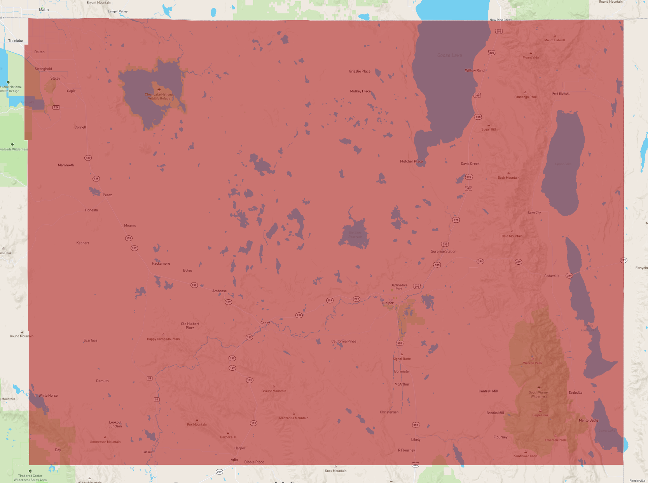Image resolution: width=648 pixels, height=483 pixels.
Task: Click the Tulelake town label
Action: [16, 41]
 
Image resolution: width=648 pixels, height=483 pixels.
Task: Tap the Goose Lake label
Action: [449, 55]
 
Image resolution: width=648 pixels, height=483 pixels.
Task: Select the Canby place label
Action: [265, 323]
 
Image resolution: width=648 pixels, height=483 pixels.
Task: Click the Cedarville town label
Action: [552, 276]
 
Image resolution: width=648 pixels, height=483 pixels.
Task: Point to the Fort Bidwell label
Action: [561, 94]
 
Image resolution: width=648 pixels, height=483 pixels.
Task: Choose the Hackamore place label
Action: [161, 263]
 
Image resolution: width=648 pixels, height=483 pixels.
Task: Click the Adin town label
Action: [234, 460]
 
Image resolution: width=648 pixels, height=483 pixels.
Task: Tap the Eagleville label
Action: [575, 392]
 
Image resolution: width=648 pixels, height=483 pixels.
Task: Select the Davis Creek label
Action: [470, 164]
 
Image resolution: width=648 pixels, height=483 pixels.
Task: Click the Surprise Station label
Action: [444, 251]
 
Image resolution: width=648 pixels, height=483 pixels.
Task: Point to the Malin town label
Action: [44, 10]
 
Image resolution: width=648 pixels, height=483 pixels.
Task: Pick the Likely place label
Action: [416, 439]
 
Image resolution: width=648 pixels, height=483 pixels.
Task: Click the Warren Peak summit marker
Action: [533, 359]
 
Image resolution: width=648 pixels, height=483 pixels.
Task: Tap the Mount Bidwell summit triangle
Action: [555, 36]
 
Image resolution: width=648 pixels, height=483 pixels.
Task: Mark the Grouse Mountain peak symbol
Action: [274, 387]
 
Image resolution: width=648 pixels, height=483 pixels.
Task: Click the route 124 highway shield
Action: [56, 107]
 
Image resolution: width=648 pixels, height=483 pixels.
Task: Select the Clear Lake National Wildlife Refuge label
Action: [159, 96]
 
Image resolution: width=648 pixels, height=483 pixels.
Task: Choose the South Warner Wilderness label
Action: [539, 394]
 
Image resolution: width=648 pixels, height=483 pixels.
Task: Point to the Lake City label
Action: [534, 213]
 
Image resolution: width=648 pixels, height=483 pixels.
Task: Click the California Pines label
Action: [344, 341]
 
